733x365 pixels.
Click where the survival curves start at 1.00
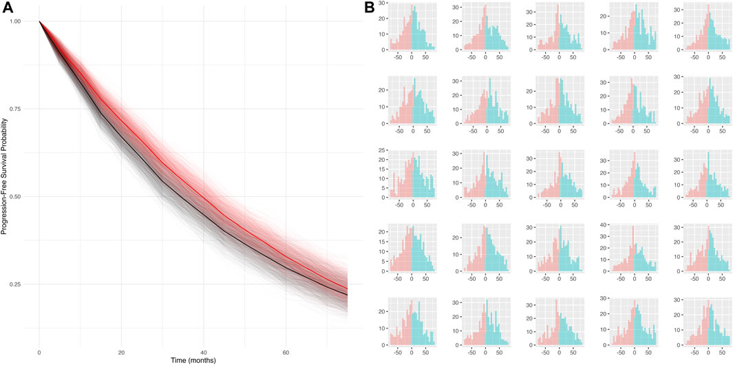coord(39,21)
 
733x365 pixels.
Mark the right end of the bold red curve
coord(347,289)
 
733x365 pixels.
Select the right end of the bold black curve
coord(347,295)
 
